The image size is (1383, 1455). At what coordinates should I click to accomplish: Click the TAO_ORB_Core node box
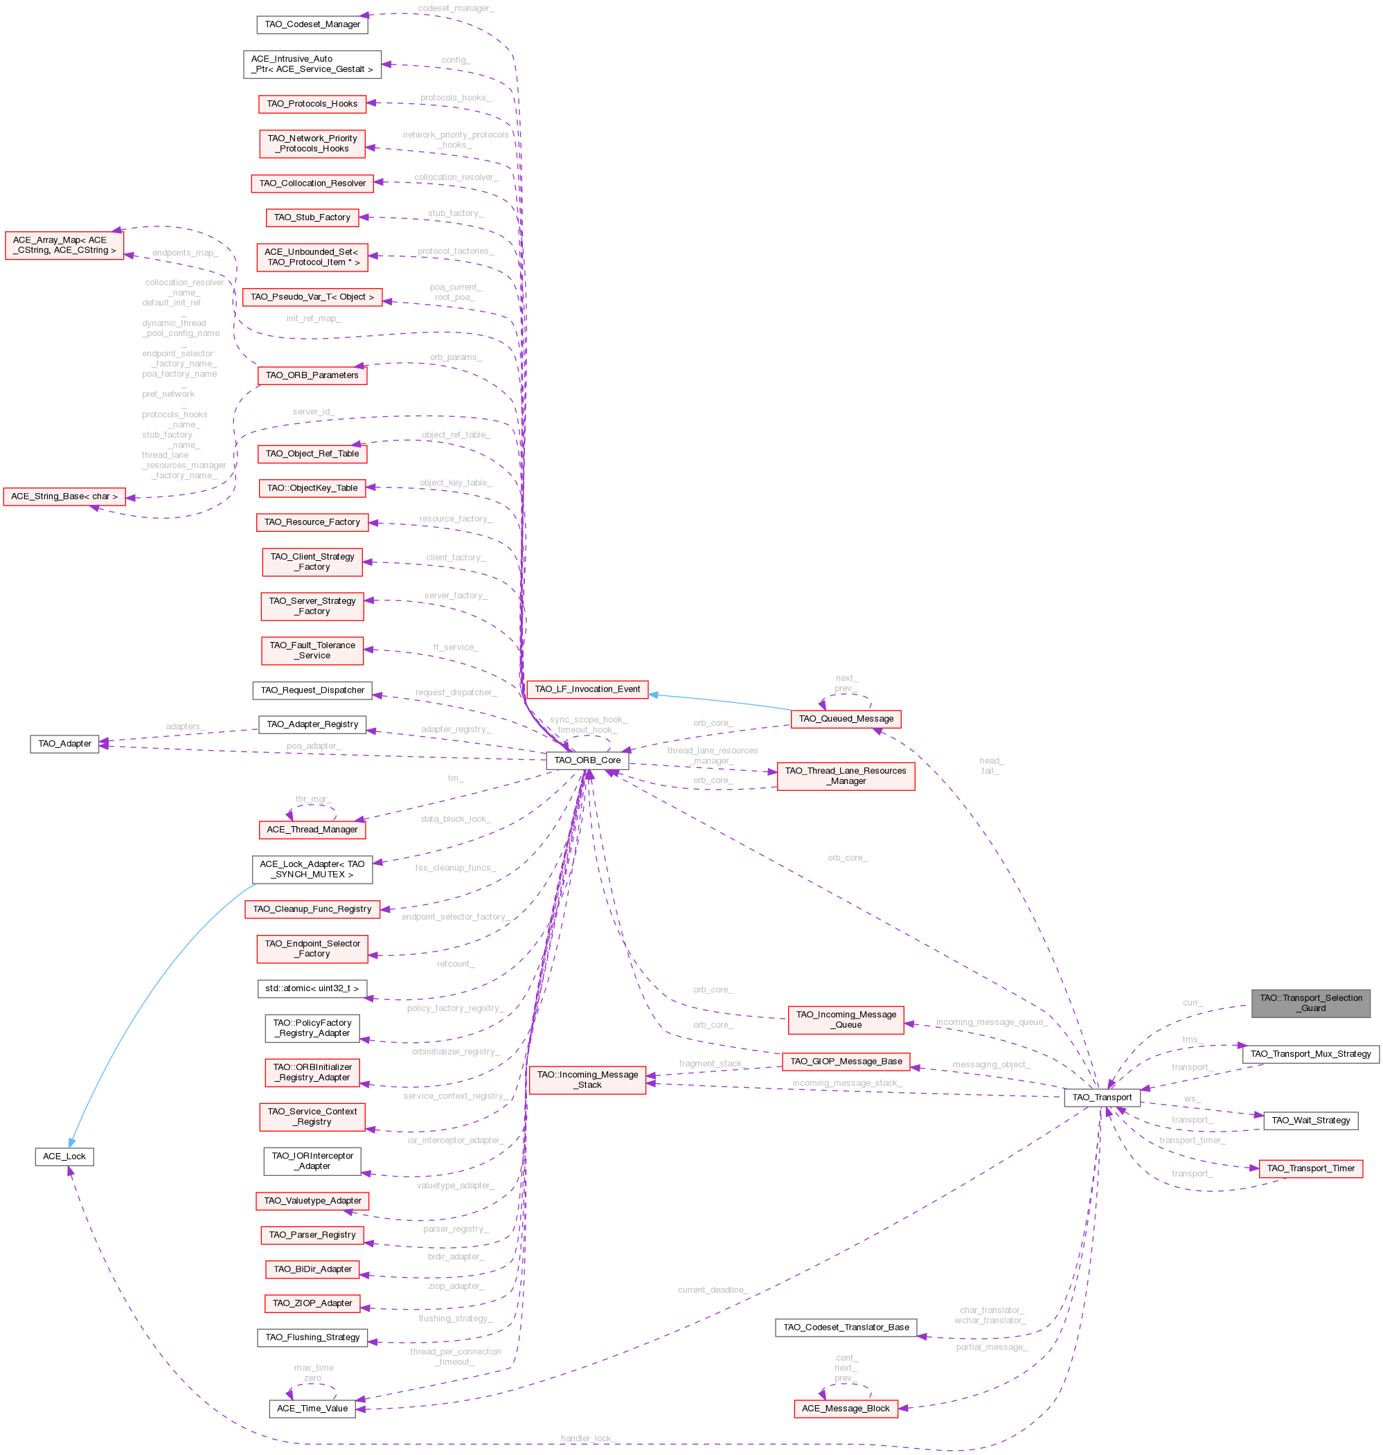pyautogui.click(x=587, y=760)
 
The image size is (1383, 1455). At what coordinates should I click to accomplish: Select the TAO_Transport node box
pyautogui.click(x=1101, y=1098)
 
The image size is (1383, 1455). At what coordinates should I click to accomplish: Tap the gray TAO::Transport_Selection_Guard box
pyautogui.click(x=1310, y=1003)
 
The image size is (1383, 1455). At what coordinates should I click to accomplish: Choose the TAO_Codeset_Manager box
pyautogui.click(x=312, y=24)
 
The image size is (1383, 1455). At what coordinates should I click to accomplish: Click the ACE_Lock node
pyautogui.click(x=64, y=1157)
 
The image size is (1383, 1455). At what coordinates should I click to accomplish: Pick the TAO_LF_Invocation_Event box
pyautogui.click(x=587, y=689)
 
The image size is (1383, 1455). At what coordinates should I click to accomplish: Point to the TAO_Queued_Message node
pyautogui.click(x=846, y=719)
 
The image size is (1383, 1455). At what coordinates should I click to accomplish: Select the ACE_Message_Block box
pyautogui.click(x=845, y=1409)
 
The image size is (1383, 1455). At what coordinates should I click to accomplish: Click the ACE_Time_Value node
pyautogui.click(x=312, y=1409)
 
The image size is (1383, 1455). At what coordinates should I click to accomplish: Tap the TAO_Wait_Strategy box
pyautogui.click(x=1310, y=1121)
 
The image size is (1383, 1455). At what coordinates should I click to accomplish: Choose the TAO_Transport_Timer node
pyautogui.click(x=1310, y=1168)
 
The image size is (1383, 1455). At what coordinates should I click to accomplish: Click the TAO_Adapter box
pyautogui.click(x=64, y=744)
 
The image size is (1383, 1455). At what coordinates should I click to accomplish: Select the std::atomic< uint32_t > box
pyautogui.click(x=312, y=988)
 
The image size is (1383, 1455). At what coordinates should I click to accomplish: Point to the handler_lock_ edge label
pyautogui.click(x=587, y=1439)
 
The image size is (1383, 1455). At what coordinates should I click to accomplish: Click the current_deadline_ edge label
pyautogui.click(x=713, y=1290)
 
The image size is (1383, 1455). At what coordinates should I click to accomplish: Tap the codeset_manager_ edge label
pyautogui.click(x=456, y=9)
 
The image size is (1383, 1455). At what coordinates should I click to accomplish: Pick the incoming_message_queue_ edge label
pyautogui.click(x=991, y=1022)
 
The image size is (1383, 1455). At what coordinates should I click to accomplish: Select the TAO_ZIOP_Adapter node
pyautogui.click(x=312, y=1303)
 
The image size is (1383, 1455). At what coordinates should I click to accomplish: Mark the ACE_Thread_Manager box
pyautogui.click(x=312, y=830)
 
